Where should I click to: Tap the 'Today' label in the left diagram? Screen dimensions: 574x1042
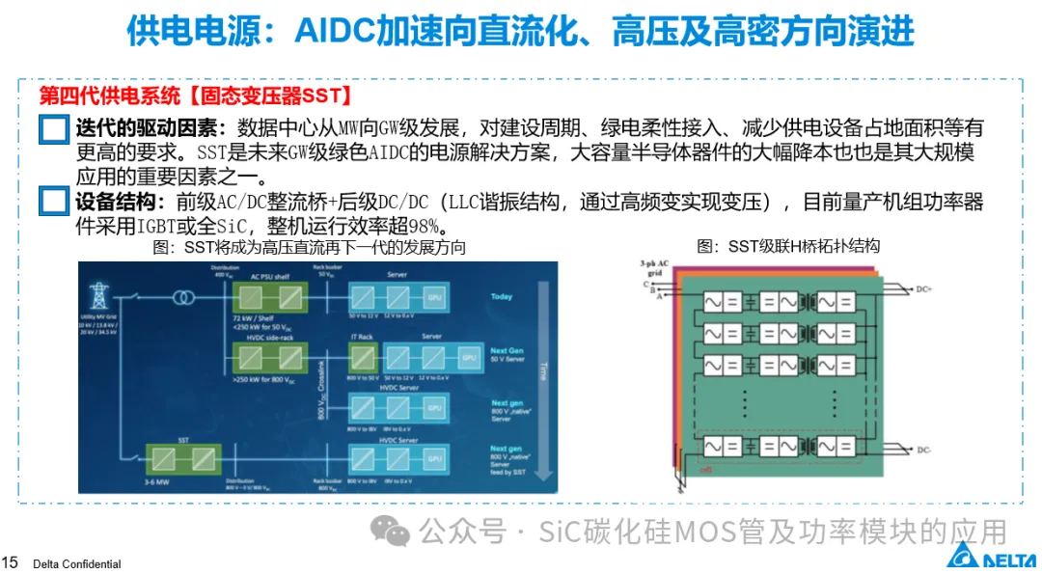502,296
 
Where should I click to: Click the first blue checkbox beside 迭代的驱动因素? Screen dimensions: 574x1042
54,129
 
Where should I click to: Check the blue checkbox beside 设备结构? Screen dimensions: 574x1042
54,203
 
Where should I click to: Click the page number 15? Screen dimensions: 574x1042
11,562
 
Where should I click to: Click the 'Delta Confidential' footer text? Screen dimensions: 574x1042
76,563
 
